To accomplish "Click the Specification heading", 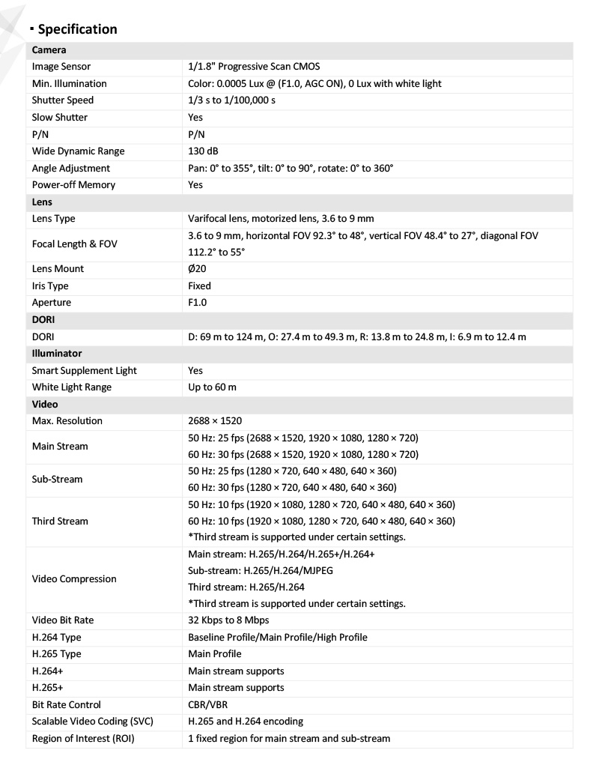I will pos(78,29).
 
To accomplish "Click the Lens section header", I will pos(41,202).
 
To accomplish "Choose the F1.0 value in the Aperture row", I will pos(198,303).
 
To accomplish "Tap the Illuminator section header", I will pos(57,353).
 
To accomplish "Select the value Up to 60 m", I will pos(213,387).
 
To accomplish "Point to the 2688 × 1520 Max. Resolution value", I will pos(215,421).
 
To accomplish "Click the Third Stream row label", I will pos(60,522).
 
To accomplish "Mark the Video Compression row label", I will pos(74,579).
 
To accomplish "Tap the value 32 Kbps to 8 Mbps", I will pos(228,620).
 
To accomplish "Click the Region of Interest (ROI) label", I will pos(82,739).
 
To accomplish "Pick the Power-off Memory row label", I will pos(73,185).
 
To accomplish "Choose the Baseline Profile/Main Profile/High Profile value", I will pos(278,638).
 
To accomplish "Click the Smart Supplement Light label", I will pos(84,370).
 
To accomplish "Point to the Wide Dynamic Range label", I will pos(78,151).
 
